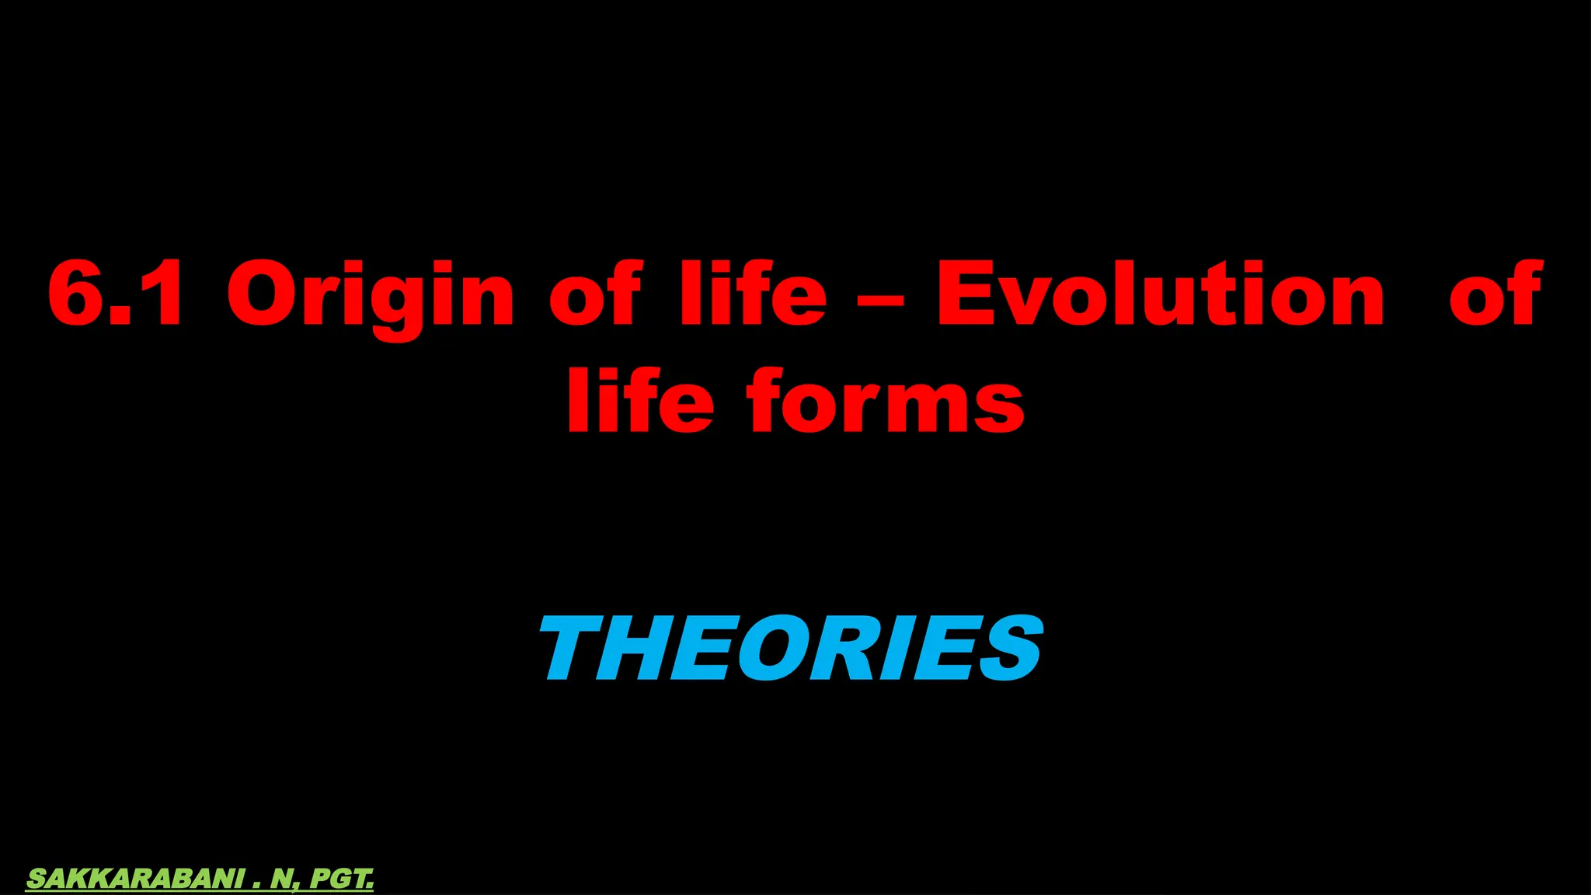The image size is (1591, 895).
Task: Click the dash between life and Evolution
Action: click(x=881, y=300)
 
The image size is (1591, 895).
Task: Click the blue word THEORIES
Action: click(x=791, y=649)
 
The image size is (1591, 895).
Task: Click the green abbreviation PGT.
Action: click(x=342, y=879)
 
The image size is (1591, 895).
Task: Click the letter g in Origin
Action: click(x=398, y=305)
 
